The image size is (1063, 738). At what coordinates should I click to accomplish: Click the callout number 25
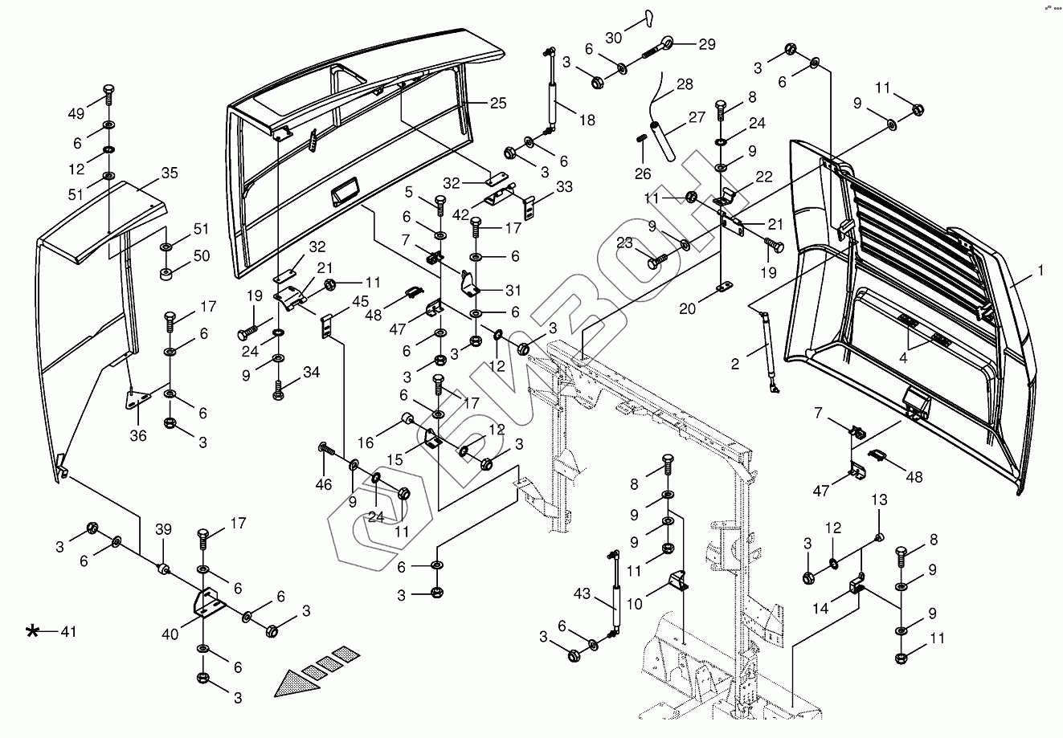498,103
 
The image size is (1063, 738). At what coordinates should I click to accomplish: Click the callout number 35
170,173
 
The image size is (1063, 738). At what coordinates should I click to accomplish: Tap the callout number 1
1041,271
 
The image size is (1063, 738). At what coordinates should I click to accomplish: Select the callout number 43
582,595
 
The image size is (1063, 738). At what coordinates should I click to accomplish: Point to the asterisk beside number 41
33,632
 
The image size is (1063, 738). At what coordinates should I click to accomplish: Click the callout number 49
76,113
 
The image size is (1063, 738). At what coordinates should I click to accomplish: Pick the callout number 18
587,120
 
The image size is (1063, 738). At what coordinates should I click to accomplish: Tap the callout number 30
614,38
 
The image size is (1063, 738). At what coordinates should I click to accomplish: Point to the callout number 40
171,634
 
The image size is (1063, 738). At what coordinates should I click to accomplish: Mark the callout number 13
879,500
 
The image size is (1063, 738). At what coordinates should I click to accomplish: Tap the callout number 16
366,442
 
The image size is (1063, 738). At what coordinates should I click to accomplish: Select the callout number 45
361,301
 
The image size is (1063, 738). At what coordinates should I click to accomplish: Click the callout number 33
564,186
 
